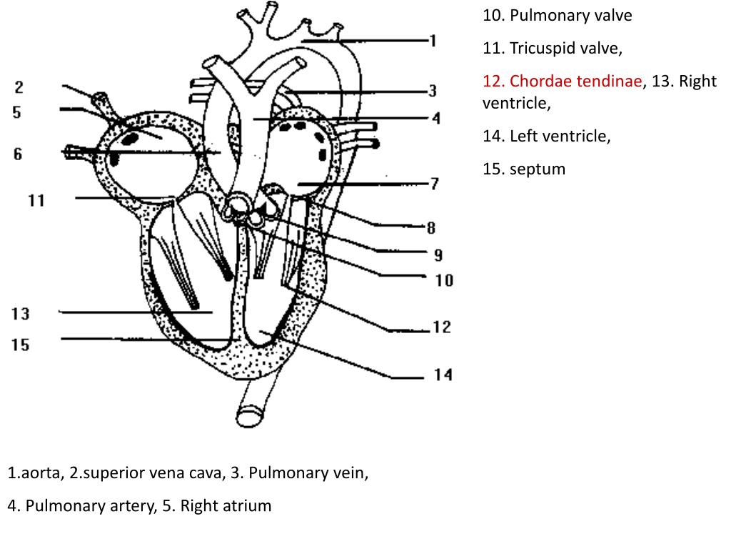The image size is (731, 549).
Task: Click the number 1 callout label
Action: tap(433, 41)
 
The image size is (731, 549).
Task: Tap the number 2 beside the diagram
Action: tap(19, 86)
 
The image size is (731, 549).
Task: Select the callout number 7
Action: tap(435, 184)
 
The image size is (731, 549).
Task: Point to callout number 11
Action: tap(36, 201)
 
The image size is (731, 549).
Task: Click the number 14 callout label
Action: tap(443, 375)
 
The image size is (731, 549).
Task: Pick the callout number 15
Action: tap(21, 345)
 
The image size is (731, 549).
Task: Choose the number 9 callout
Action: tap(438, 255)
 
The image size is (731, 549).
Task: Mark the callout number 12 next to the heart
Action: tap(442, 327)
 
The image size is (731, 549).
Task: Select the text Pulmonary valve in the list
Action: tap(570, 16)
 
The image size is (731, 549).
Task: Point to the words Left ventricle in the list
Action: tap(558, 137)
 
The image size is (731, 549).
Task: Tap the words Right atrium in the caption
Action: tap(226, 506)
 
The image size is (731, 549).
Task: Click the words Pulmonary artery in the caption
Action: tap(89, 507)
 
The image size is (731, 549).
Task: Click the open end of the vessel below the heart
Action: tap(249, 417)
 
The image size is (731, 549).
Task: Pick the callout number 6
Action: tap(18, 154)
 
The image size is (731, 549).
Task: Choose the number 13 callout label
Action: tap(21, 314)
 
